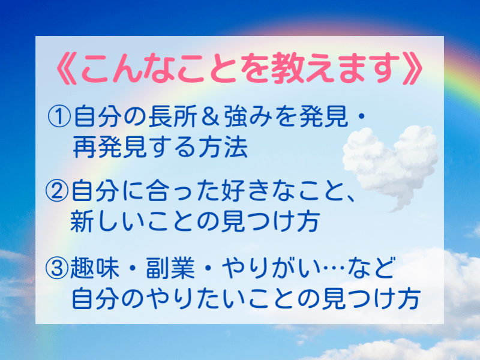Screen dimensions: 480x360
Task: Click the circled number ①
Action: tap(59, 116)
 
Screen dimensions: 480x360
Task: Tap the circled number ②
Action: tap(57, 190)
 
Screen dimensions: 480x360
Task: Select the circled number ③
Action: tap(57, 268)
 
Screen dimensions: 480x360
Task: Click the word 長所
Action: tap(172, 116)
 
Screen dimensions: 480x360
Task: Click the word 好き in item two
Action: tap(248, 190)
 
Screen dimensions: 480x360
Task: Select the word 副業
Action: tap(170, 268)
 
